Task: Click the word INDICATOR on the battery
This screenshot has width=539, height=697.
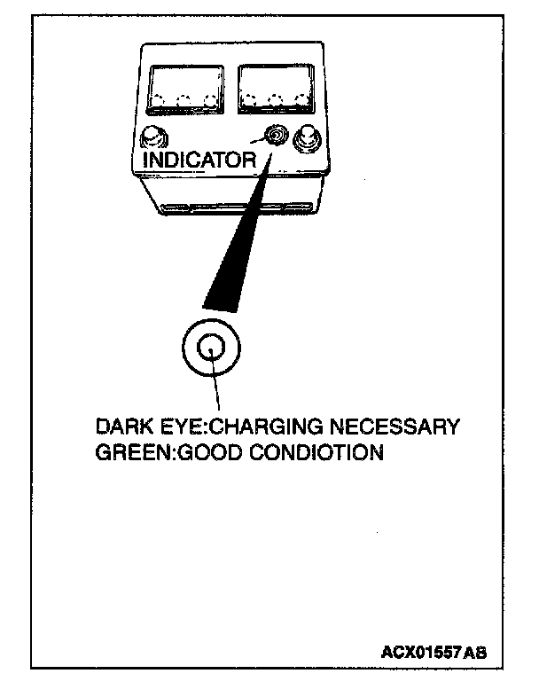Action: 199,161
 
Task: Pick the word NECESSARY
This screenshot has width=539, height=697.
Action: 403,427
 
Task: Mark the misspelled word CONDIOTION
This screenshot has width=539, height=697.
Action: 316,453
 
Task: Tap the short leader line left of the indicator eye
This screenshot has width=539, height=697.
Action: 255,140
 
